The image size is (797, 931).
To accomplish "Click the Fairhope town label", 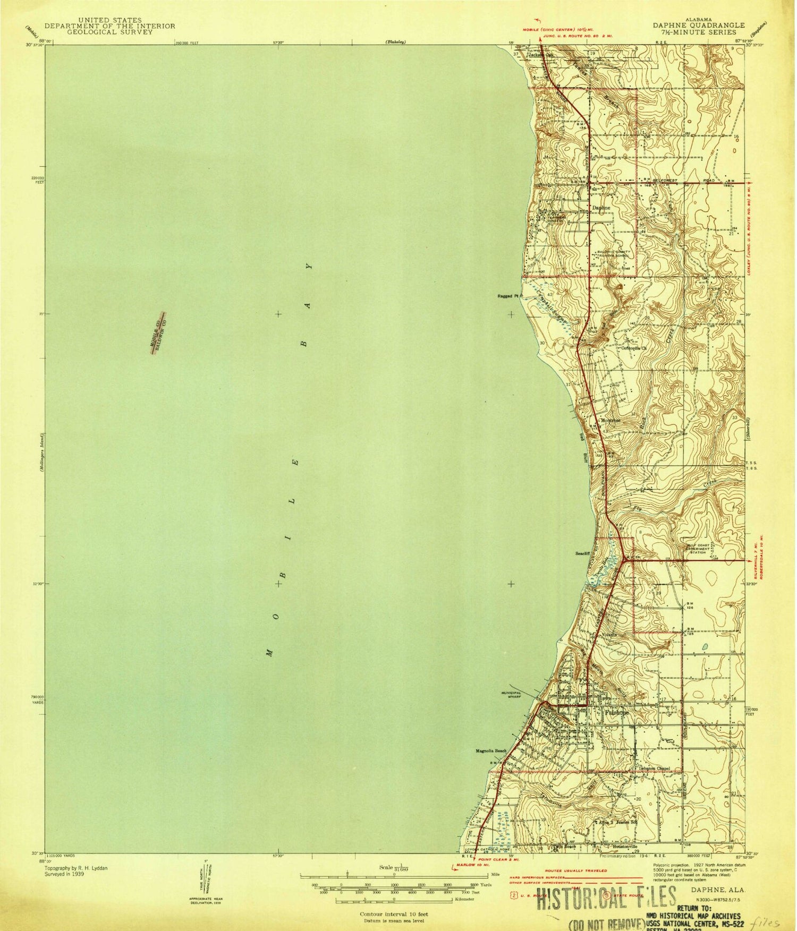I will (x=616, y=712).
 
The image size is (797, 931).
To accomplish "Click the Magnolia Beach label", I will (x=491, y=751).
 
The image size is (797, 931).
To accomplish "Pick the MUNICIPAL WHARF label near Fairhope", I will (x=512, y=694).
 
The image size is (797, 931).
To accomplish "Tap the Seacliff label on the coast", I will (x=583, y=553).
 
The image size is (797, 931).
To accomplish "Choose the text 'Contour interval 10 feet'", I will (x=394, y=914).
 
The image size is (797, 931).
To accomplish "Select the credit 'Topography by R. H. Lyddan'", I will (x=77, y=868).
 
